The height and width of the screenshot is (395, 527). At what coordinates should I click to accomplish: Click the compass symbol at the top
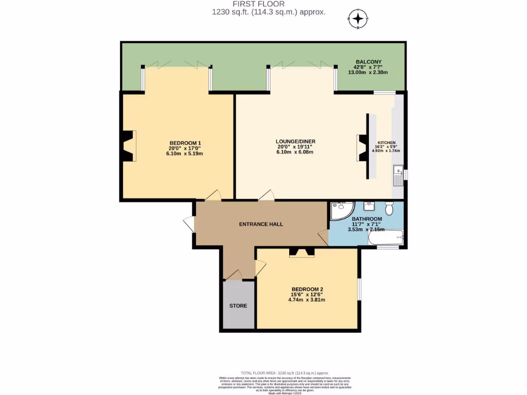point(359,20)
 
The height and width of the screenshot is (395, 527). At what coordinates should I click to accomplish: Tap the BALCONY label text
point(367,62)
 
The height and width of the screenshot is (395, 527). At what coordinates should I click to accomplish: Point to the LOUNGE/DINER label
point(295,141)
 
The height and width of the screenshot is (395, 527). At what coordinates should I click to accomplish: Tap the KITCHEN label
point(387,142)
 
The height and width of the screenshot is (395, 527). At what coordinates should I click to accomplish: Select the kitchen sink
point(398,175)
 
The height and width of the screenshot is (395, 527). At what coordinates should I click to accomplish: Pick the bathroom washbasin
point(369,207)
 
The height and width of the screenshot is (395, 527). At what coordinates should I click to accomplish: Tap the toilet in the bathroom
point(390,208)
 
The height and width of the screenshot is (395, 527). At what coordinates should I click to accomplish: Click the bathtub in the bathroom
point(385,238)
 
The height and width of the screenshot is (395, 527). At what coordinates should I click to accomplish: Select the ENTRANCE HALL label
point(261,224)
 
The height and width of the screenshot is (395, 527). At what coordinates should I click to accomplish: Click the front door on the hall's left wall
point(189,224)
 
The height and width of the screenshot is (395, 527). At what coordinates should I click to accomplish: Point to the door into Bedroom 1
point(213,195)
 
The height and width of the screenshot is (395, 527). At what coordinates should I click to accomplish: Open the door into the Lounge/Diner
point(267,195)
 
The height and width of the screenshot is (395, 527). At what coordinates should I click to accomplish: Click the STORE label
point(238,306)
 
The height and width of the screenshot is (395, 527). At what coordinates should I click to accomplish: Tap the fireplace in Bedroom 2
point(301,252)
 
